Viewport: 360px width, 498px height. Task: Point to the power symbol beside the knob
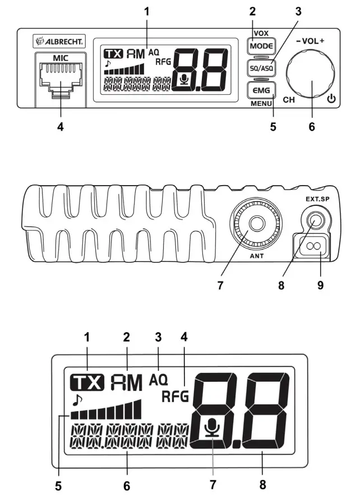point(331,100)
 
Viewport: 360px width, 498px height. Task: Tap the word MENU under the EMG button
point(261,103)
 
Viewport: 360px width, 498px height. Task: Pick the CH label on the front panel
point(289,100)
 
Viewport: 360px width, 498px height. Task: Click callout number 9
point(321,285)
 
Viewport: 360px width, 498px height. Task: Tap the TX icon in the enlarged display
point(87,383)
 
